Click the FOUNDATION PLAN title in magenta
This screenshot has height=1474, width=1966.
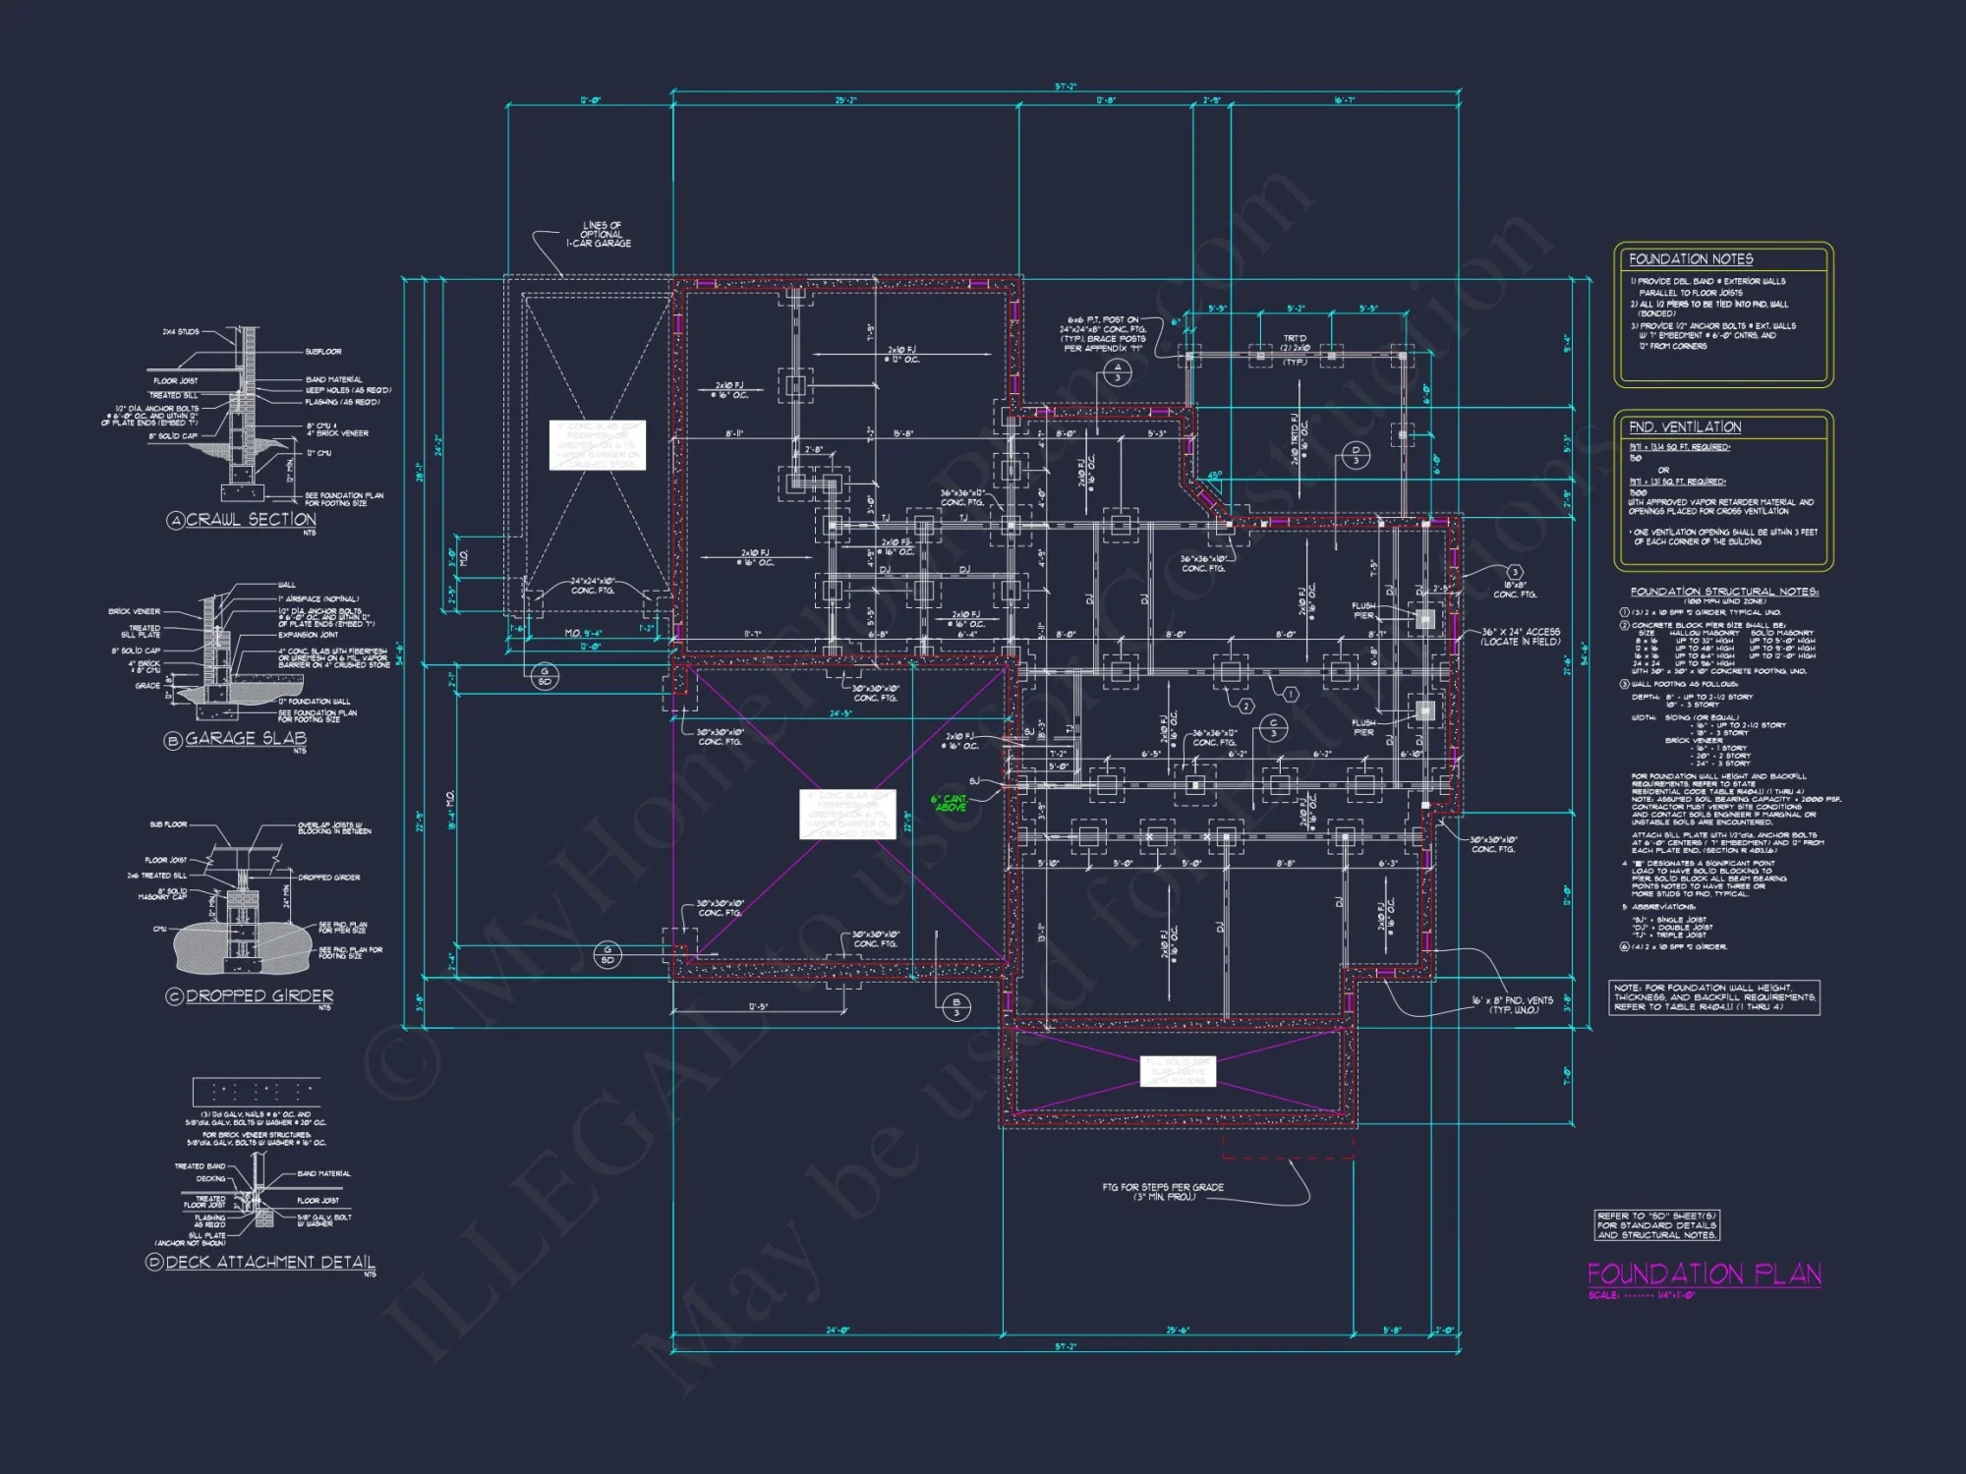point(1704,1275)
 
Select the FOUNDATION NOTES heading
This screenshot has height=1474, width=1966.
point(1691,259)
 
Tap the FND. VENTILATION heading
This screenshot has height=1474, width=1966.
point(1684,427)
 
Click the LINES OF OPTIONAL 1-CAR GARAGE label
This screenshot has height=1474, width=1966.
point(600,235)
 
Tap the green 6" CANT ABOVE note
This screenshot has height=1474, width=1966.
point(950,803)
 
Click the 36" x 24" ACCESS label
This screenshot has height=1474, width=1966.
point(1521,636)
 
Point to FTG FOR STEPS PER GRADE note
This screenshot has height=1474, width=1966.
point(1163,1191)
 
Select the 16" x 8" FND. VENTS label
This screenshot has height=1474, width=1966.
point(1512,1004)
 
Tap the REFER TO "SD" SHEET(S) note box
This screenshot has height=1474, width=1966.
point(1656,1225)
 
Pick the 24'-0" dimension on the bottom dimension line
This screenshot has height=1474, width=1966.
point(838,1331)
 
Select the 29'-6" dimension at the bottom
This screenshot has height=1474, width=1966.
point(1178,1331)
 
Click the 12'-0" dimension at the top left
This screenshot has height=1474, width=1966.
point(590,100)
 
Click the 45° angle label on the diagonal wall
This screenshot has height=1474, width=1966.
point(1214,476)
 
